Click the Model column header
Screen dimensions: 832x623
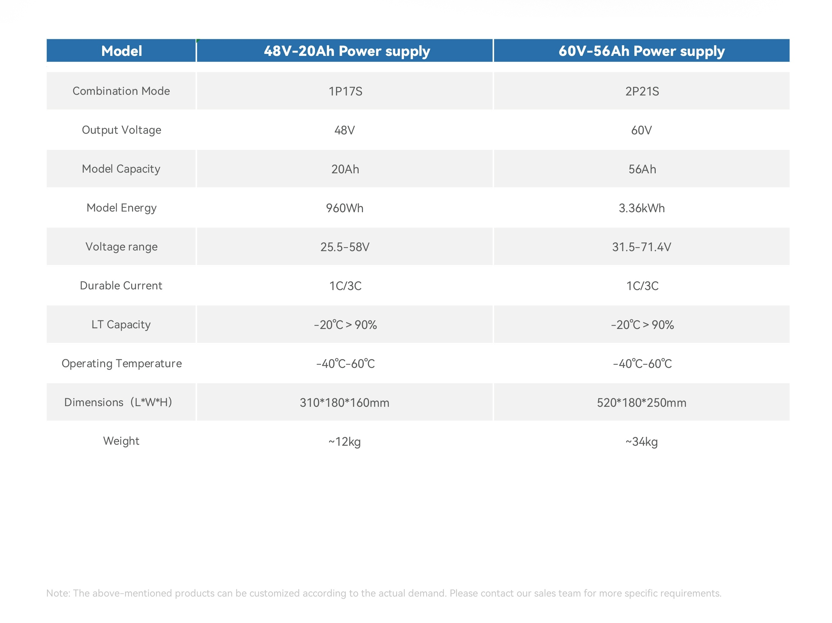[x=121, y=51]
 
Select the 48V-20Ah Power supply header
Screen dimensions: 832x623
[x=347, y=51]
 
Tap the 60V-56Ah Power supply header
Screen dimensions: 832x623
[x=642, y=51]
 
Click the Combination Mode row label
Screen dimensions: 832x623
[x=121, y=91]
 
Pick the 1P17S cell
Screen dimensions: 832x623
[x=345, y=91]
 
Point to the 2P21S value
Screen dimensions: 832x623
[x=642, y=91]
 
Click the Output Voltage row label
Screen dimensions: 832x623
[x=121, y=130]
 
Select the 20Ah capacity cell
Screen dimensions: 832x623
[x=345, y=169]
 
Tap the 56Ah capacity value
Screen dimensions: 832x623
[x=642, y=169]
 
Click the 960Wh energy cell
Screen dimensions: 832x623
[x=345, y=208]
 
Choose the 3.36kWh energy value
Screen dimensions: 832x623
[x=642, y=208]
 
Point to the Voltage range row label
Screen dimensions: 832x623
[x=121, y=247]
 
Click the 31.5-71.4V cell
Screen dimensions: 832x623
[x=642, y=247]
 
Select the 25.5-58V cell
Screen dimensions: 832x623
[x=345, y=247]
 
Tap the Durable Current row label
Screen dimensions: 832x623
[x=121, y=286]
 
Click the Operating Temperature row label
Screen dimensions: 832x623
[x=121, y=364]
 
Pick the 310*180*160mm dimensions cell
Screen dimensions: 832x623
[x=345, y=403]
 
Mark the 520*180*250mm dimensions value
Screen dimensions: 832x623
[x=642, y=403]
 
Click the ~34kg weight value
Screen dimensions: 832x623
[x=642, y=442]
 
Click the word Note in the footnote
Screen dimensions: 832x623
[x=58, y=593]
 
